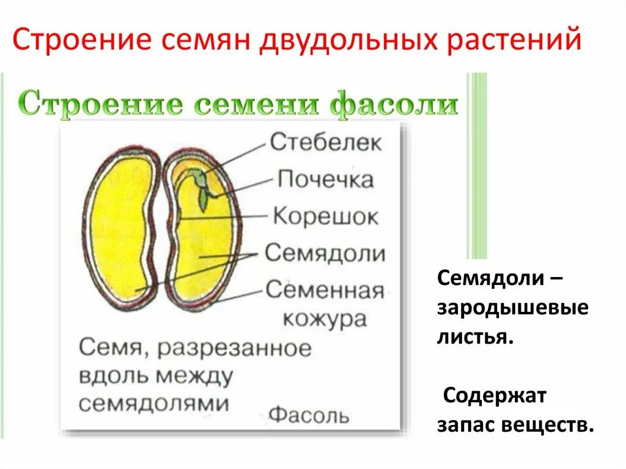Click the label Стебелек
point(325,142)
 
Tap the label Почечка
point(325,179)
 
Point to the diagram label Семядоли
point(325,253)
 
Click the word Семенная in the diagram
point(325,290)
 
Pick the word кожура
point(325,319)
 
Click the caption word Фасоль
point(309,415)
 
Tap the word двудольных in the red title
point(348,39)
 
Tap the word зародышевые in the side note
point(513,308)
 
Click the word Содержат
point(495,396)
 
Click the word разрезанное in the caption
point(234,349)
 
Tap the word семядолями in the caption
point(153,404)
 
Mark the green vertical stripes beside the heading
point(477,166)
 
